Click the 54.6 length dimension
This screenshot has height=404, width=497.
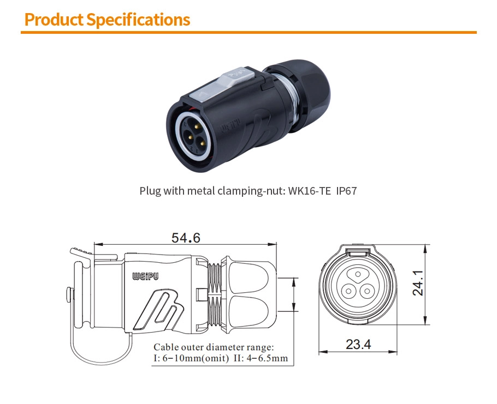click(x=186, y=238)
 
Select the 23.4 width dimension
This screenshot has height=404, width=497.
click(x=358, y=345)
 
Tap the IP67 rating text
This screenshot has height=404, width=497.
click(x=347, y=191)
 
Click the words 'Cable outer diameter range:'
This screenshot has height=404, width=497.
click(x=214, y=347)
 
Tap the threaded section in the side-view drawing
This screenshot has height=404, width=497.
click(x=215, y=294)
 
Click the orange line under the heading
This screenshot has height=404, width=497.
click(x=248, y=32)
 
